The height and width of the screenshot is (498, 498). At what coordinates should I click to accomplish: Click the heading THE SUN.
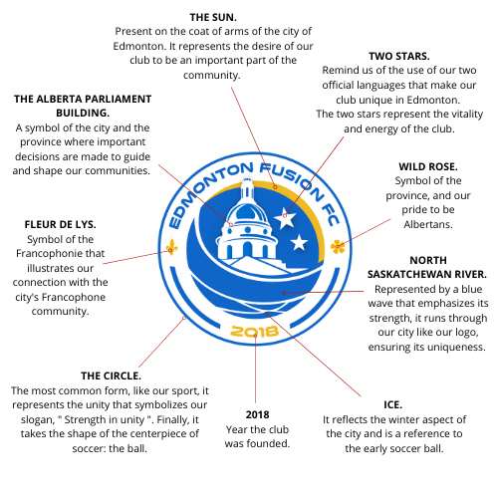point(213,17)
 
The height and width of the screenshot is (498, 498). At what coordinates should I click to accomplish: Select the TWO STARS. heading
point(399,56)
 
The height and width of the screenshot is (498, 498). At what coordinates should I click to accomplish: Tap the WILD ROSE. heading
point(428,166)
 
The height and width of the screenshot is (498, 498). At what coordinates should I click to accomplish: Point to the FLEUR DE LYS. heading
point(60,225)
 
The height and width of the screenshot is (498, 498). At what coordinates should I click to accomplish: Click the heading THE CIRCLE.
point(111,375)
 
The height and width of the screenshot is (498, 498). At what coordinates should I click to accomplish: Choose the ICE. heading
point(392,405)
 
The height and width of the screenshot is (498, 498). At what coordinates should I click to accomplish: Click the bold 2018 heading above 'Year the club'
point(257,414)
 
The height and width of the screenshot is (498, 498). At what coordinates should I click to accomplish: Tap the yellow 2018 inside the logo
point(255,332)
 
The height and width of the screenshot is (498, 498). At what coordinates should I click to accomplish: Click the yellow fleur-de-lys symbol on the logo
point(171,247)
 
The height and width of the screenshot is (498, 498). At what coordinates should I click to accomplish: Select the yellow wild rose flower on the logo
point(338,247)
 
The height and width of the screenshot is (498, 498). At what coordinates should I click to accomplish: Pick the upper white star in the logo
point(285,217)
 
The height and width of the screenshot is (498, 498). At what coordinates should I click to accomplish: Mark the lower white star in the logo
point(299,242)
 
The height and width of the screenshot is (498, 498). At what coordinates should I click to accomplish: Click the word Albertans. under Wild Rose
point(428,225)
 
